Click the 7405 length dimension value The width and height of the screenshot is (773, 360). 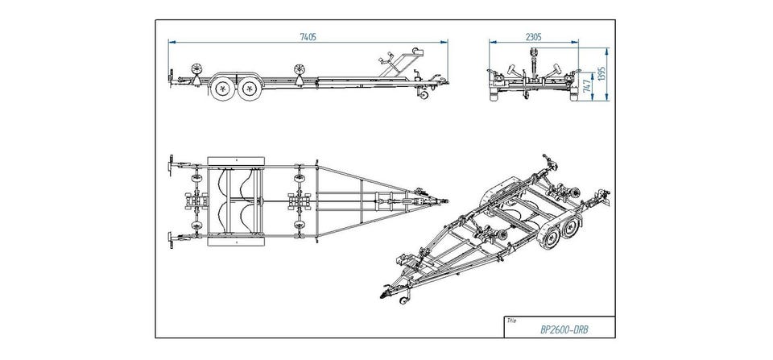pyautogui.click(x=306, y=35)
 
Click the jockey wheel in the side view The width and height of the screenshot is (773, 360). pyautogui.click(x=420, y=96)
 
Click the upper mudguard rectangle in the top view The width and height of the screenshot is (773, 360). pyautogui.click(x=237, y=159)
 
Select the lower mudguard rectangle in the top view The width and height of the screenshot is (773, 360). pyautogui.click(x=237, y=240)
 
